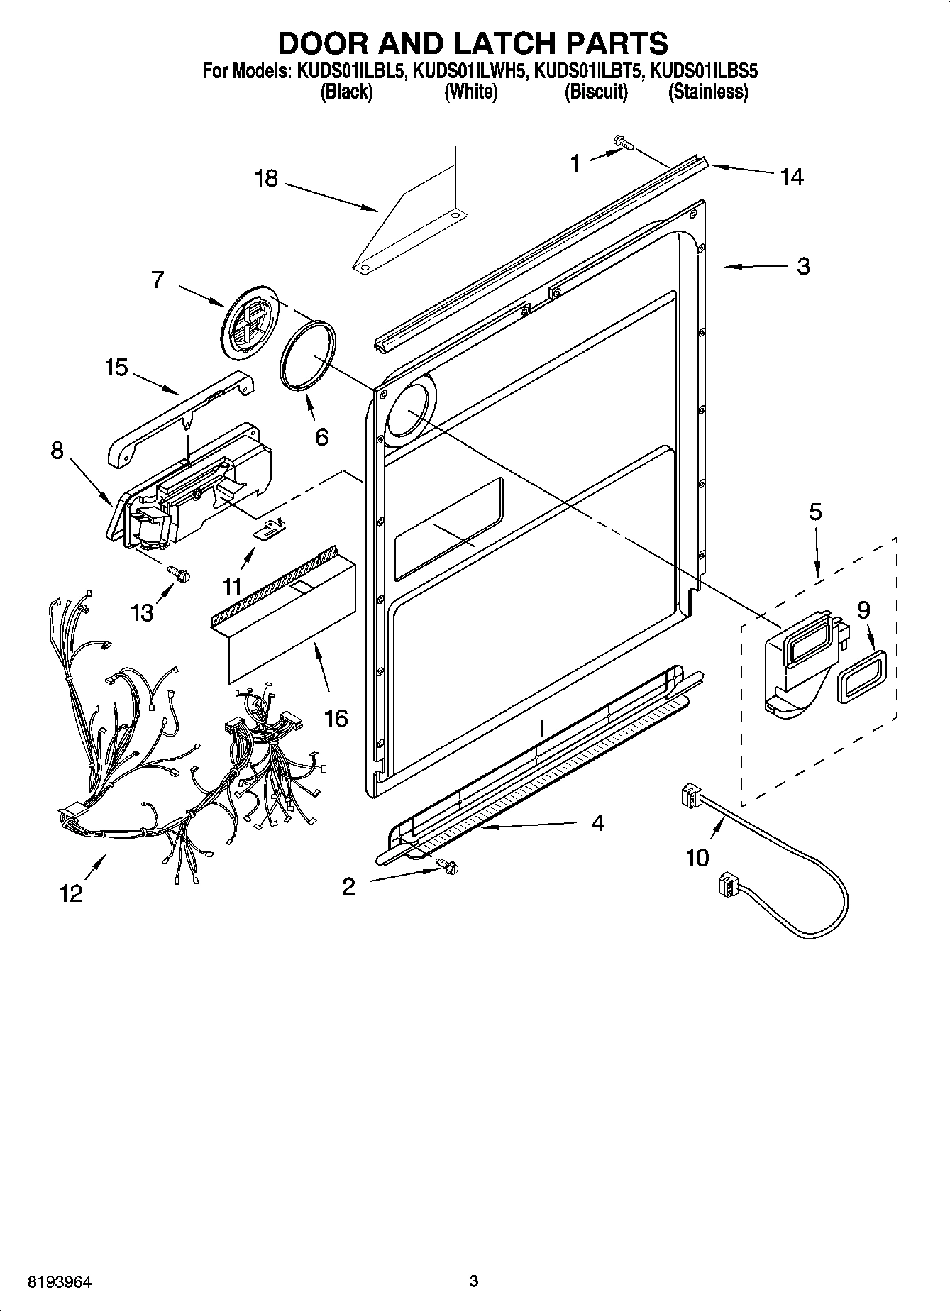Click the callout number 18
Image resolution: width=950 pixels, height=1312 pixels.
(266, 178)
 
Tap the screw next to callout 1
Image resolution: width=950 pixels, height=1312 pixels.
(623, 145)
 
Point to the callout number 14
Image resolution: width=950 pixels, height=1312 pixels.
(791, 177)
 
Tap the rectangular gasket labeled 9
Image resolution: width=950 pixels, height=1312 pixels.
(859, 676)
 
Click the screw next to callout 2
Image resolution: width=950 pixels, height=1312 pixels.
(447, 866)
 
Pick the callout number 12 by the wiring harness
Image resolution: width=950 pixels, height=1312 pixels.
(72, 893)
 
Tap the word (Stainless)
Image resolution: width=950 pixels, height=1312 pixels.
(707, 92)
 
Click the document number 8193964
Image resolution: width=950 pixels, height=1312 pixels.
(60, 1282)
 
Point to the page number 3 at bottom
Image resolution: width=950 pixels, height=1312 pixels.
(474, 1281)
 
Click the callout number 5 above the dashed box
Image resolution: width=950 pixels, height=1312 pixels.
(815, 512)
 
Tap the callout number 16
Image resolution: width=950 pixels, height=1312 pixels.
(336, 718)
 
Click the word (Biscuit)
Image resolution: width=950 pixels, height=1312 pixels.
(596, 92)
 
